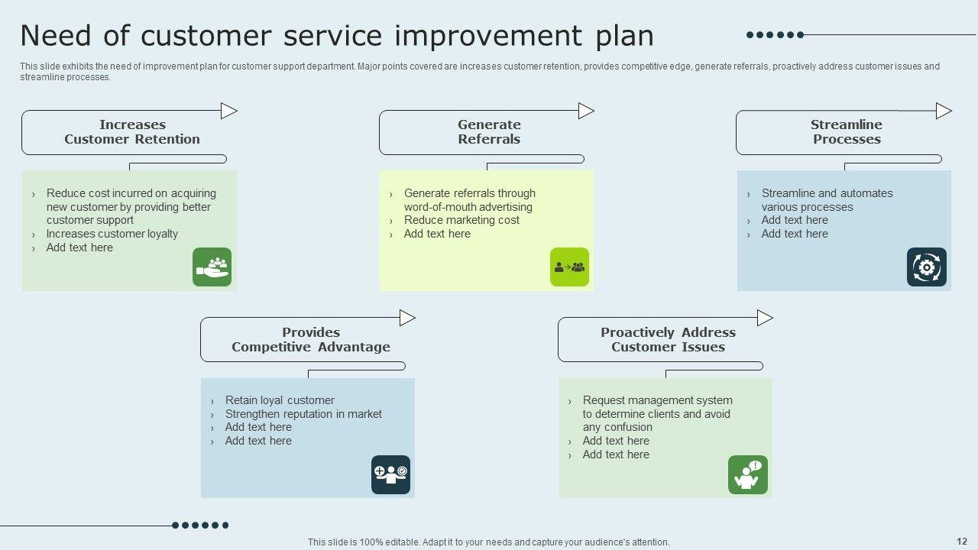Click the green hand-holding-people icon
(212, 267)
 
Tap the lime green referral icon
(570, 267)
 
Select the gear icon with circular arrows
(927, 267)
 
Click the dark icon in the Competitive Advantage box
(390, 475)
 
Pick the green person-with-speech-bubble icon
(748, 475)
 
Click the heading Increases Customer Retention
(132, 132)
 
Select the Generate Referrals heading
(489, 132)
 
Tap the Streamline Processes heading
(847, 132)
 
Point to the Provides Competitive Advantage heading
(311, 340)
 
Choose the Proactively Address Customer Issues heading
(668, 340)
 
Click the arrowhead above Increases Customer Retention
(229, 111)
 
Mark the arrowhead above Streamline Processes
(944, 111)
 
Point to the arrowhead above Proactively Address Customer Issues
(765, 318)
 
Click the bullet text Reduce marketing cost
(461, 220)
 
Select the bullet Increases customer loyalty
(112, 234)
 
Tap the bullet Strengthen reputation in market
(303, 414)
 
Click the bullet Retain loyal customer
(280, 400)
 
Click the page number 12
(962, 542)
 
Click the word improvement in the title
(488, 36)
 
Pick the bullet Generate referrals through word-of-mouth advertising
(470, 200)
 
